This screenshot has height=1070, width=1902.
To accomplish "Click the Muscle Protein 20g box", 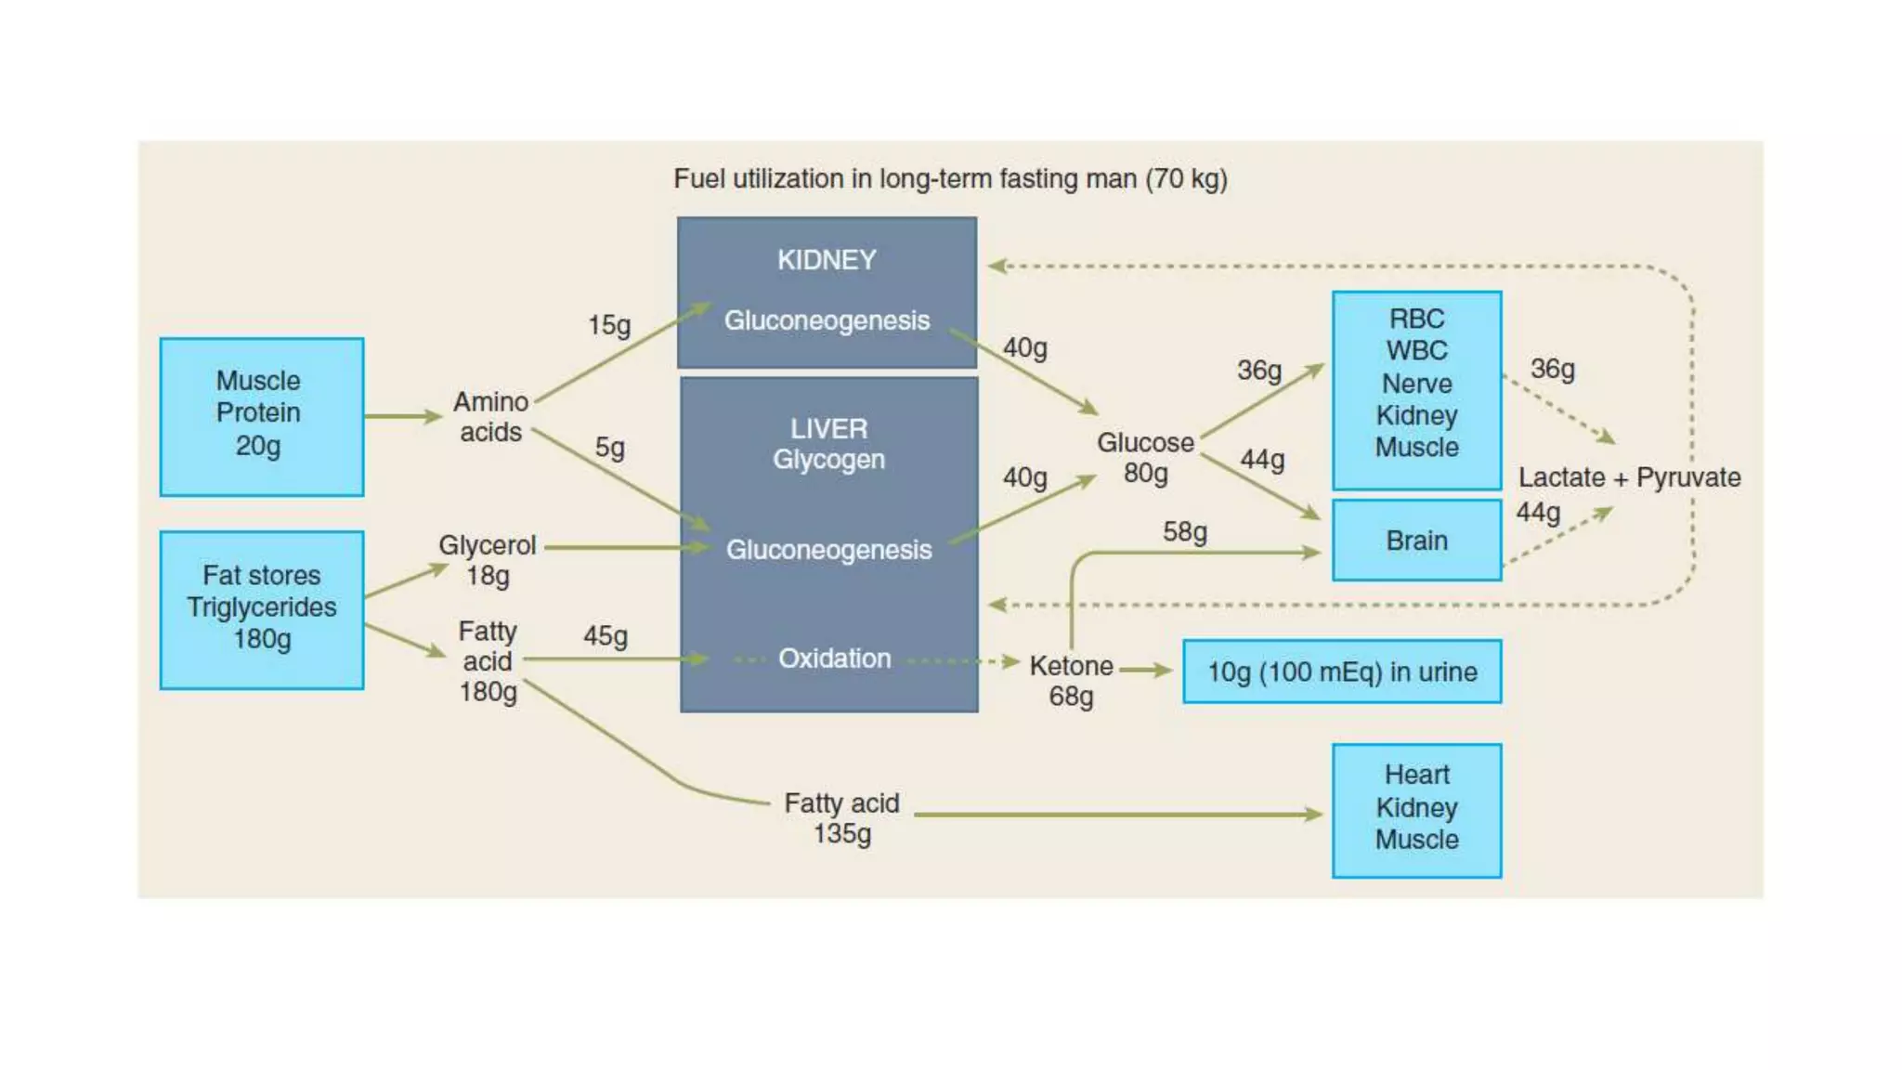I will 261,416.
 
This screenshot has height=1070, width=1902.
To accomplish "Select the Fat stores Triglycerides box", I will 261,609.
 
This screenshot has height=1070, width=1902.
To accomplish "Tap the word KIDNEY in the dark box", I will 827,260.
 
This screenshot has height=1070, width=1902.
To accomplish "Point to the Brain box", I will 1416,541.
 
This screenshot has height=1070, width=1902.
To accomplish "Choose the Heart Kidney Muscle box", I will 1416,810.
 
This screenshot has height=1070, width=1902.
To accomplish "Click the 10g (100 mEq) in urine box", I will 1341,672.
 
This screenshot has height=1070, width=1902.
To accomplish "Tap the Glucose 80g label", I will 1145,458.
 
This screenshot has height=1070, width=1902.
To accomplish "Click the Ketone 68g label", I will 1071,681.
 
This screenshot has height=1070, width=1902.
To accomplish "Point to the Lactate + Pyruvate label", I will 1629,477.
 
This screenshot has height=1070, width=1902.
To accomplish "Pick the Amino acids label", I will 490,417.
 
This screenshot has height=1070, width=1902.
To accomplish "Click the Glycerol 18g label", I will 487,560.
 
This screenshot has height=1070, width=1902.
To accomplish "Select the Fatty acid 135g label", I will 841,817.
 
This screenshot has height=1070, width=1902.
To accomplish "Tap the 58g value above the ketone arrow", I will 1185,532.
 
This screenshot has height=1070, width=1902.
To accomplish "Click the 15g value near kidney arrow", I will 609,325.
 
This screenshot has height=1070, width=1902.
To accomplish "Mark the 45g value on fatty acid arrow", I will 606,636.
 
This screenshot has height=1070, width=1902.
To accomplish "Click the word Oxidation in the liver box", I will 834,659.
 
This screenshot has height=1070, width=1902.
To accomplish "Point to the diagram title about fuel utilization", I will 950,178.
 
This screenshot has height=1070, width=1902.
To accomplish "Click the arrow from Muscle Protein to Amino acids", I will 402,416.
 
